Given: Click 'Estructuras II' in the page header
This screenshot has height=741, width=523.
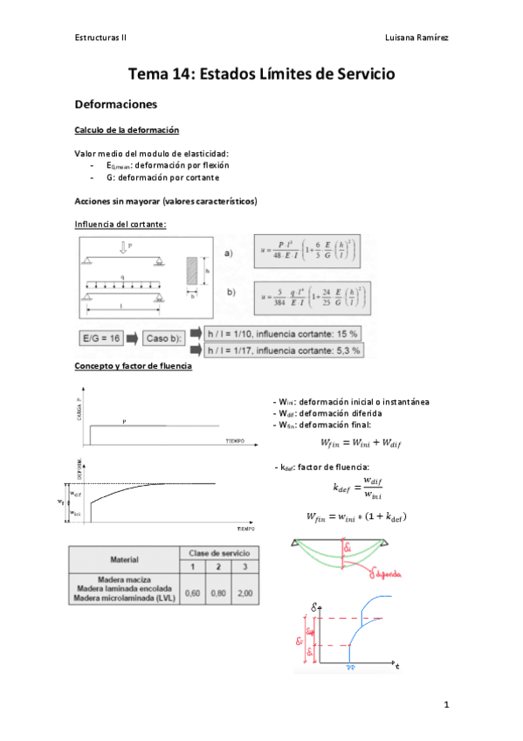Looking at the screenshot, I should tap(102, 38).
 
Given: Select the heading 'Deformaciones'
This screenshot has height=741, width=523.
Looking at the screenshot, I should tap(115, 105).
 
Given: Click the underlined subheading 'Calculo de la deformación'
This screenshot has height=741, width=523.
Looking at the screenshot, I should tap(127, 130).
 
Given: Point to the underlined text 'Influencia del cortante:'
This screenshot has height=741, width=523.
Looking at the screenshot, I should tap(120, 224).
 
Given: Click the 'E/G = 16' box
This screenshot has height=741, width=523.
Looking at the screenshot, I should tap(101, 336).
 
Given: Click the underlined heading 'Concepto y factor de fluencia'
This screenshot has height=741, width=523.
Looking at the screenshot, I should tap(134, 365).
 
